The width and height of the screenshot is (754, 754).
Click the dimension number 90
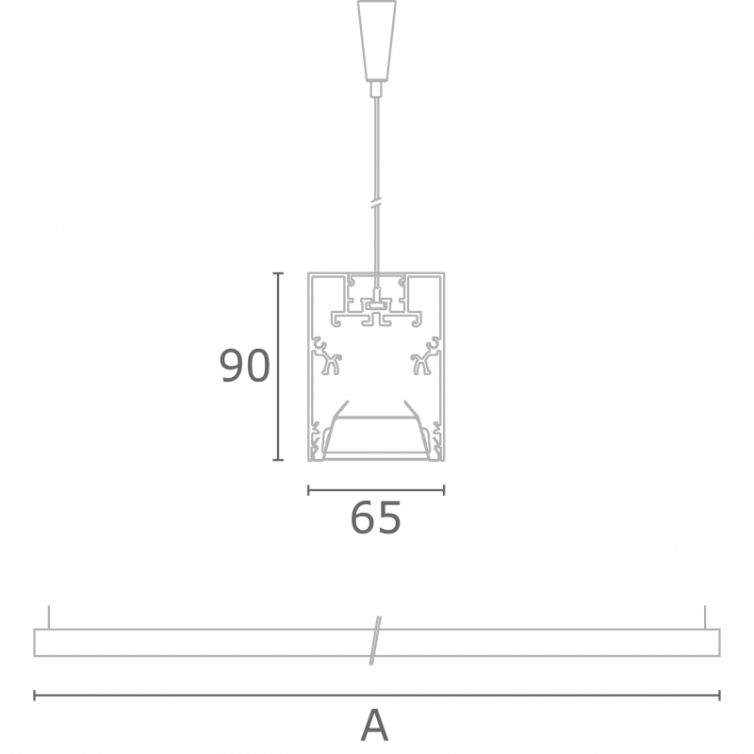(244, 366)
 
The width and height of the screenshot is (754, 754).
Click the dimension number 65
(375, 517)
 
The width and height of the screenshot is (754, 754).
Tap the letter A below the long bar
(374, 726)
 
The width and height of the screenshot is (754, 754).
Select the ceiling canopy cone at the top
(376, 40)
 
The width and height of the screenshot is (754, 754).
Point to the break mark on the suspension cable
(376, 203)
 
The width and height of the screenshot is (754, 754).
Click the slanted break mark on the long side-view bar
(375, 641)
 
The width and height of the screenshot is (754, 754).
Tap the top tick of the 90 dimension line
(278, 273)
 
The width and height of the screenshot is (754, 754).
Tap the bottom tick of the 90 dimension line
(278, 460)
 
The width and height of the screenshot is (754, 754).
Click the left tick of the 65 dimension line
(308, 490)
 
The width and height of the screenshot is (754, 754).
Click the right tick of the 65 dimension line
(444, 490)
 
